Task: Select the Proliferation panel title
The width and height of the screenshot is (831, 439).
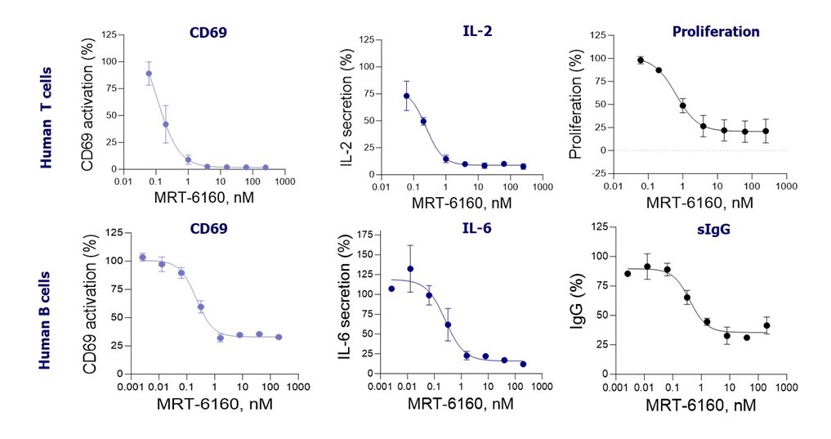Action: pos(716,32)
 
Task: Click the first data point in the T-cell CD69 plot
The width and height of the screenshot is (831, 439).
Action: pos(149,74)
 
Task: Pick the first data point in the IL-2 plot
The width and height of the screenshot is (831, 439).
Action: pos(407,96)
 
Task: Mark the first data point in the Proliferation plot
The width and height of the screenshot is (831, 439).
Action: pos(641,60)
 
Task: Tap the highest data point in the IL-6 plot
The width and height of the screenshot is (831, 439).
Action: pos(410,268)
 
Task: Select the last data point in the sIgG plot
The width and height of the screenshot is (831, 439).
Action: pos(766,325)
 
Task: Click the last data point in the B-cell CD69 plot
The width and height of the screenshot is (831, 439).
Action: pos(279,337)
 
